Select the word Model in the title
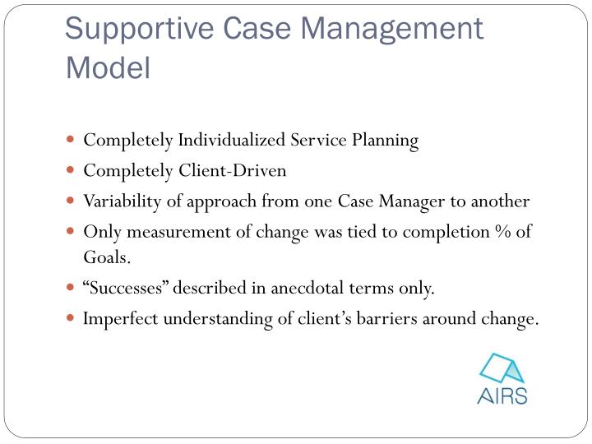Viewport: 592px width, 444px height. click(108, 67)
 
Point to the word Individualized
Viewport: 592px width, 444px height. click(233, 141)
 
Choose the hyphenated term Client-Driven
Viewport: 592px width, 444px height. click(233, 171)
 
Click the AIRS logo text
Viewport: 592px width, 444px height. click(502, 395)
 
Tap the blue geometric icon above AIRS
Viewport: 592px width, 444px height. click(502, 367)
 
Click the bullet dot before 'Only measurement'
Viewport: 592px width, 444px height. click(72, 232)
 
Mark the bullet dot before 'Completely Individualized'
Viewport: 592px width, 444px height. click(72, 141)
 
